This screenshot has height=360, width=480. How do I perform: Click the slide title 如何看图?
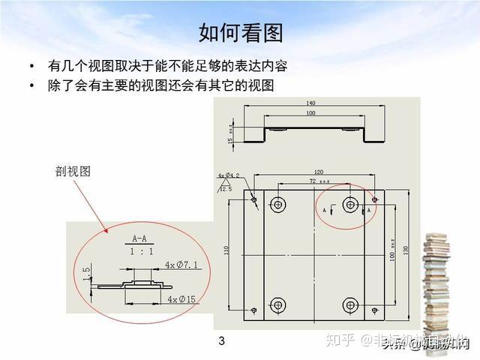coord(240,33)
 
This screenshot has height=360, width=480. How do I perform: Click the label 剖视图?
coord(73,172)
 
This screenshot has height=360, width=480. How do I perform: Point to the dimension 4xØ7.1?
coord(181,265)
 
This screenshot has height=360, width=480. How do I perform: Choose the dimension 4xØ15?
coord(182,299)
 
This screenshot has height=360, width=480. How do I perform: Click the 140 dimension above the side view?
coord(310,103)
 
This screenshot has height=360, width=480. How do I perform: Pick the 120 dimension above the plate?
coord(318,172)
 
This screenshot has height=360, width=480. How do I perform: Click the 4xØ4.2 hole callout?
coord(229,176)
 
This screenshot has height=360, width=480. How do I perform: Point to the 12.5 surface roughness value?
coord(226,189)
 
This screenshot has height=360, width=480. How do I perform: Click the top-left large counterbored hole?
coord(278,204)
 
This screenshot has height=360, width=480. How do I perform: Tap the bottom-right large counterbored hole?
coord(349,304)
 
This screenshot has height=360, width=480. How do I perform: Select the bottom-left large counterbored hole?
coord(278,304)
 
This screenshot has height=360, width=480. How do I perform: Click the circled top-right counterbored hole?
coord(349,204)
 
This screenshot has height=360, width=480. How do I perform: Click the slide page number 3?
coord(221,342)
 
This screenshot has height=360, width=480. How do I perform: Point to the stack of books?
coord(436,285)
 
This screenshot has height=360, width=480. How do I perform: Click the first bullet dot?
coord(31,66)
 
